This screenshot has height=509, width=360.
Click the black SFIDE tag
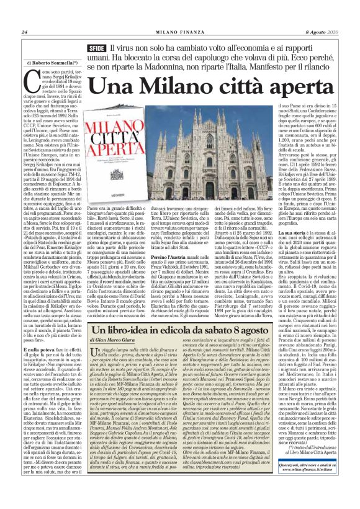click(x=96, y=48)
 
